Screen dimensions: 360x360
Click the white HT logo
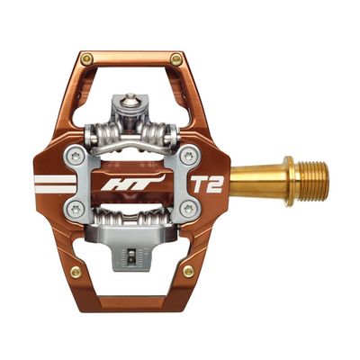pyautogui.click(x=132, y=184)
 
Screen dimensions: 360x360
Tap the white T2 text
pyautogui.click(x=207, y=184)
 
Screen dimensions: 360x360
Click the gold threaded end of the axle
pyautogui.click(x=313, y=181)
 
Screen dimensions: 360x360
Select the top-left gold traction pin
pyautogui.click(x=86, y=59)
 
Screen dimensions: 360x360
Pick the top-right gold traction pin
pyautogui.click(x=176, y=59)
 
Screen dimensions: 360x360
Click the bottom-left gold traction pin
pyautogui.click(x=76, y=272)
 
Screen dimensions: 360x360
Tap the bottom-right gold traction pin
pyautogui.click(x=188, y=271)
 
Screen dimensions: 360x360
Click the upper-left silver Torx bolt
pyautogui.click(x=75, y=156)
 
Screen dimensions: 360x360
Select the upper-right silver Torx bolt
pyautogui.click(x=189, y=156)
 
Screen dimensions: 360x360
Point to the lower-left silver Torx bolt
pyautogui.click(x=74, y=209)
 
